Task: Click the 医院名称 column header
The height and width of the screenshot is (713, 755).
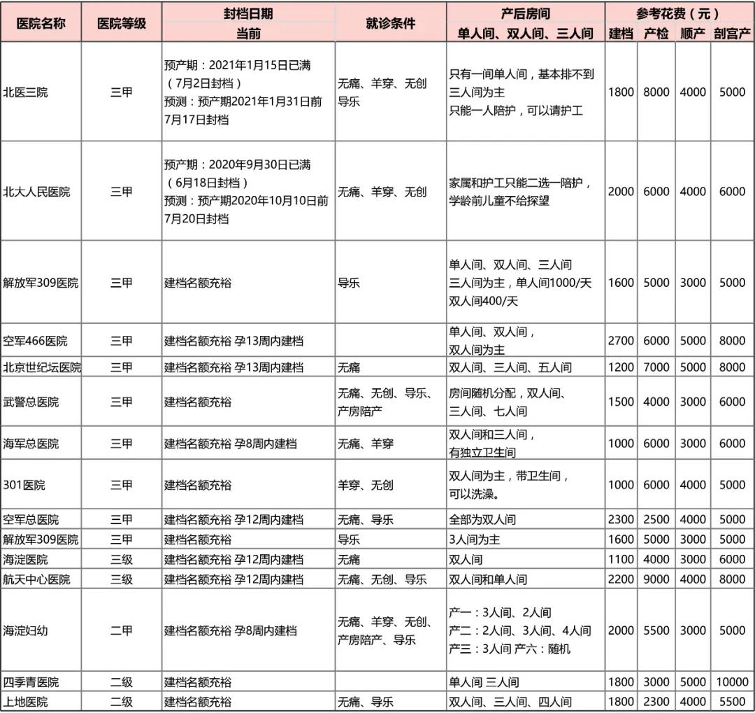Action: tap(41, 23)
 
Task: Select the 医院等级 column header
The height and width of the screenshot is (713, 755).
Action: tap(121, 23)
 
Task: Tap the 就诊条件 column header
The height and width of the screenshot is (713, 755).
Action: tap(390, 23)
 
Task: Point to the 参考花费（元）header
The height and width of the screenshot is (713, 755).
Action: tap(677, 13)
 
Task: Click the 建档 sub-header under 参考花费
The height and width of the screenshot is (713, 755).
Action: tap(621, 33)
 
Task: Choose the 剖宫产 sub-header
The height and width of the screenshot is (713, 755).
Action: tap(733, 33)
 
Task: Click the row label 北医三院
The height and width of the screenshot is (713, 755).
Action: tap(26, 92)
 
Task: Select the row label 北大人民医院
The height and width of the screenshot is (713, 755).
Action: tap(37, 191)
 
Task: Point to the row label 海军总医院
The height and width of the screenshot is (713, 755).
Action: tap(31, 444)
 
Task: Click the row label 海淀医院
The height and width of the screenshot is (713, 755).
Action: tap(26, 560)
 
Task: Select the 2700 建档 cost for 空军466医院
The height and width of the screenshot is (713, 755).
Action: tap(621, 341)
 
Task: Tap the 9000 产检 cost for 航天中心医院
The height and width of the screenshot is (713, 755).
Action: tap(656, 579)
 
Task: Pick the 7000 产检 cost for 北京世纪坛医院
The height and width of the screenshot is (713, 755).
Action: tap(656, 367)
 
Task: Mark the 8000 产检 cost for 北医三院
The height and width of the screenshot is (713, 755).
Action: tap(656, 92)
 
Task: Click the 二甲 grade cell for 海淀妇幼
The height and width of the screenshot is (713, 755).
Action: tap(121, 630)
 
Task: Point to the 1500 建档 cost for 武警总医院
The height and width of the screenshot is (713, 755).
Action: tap(621, 402)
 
